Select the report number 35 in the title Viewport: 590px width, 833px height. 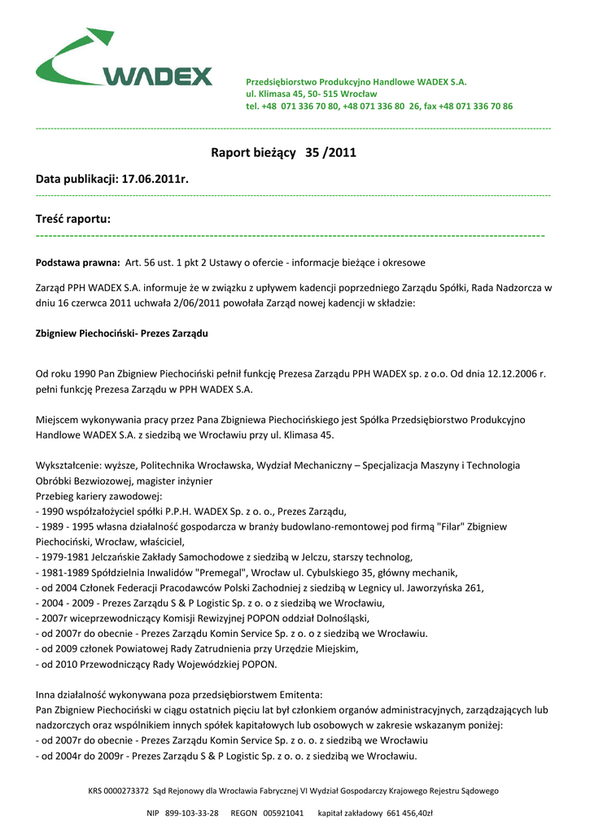click(313, 152)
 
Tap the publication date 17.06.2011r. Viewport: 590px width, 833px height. click(155, 178)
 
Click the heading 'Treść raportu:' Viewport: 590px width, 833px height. click(73, 219)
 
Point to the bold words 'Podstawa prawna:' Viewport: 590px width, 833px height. click(77, 263)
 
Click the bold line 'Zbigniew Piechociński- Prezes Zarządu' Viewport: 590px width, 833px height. click(122, 334)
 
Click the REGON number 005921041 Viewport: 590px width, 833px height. click(283, 813)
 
